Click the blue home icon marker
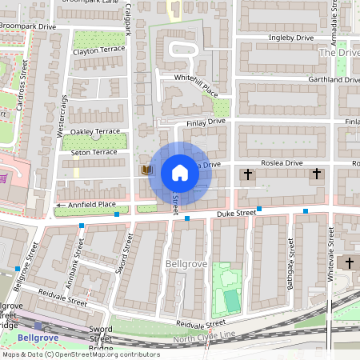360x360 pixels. click(x=180, y=173)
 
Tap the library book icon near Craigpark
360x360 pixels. click(x=146, y=170)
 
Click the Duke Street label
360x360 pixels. click(x=235, y=213)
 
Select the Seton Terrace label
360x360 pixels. click(x=93, y=152)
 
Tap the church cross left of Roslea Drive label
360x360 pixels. click(x=248, y=174)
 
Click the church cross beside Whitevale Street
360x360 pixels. click(x=349, y=262)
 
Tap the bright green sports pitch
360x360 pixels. click(x=230, y=301)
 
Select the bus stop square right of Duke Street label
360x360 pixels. click(x=305, y=211)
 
